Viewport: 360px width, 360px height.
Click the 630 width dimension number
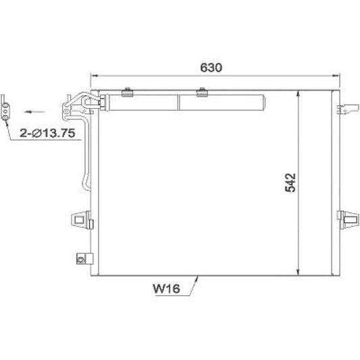point(211,68)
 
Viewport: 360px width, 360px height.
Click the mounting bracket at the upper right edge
point(349,107)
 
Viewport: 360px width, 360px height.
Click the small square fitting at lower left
point(81,258)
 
